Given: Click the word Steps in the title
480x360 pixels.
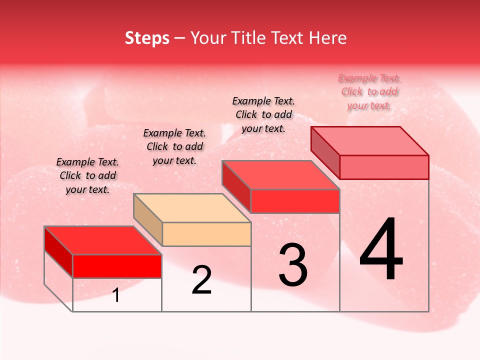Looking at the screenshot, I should point(147,38).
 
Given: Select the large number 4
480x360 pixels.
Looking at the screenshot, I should point(381,250).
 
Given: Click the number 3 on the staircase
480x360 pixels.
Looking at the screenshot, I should point(293,265).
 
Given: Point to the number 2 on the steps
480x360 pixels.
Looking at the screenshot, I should point(201,280).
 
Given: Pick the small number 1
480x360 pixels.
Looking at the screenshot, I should point(116,295).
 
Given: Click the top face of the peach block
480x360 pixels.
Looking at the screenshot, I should point(192,207).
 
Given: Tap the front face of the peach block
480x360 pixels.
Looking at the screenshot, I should point(206,234).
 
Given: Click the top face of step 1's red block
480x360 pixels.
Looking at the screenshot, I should point(103,240).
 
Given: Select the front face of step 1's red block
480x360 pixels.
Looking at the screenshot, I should point(117,266).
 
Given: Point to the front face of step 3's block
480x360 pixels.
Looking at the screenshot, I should point(295,201).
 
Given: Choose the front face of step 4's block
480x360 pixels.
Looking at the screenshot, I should point(384,167).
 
